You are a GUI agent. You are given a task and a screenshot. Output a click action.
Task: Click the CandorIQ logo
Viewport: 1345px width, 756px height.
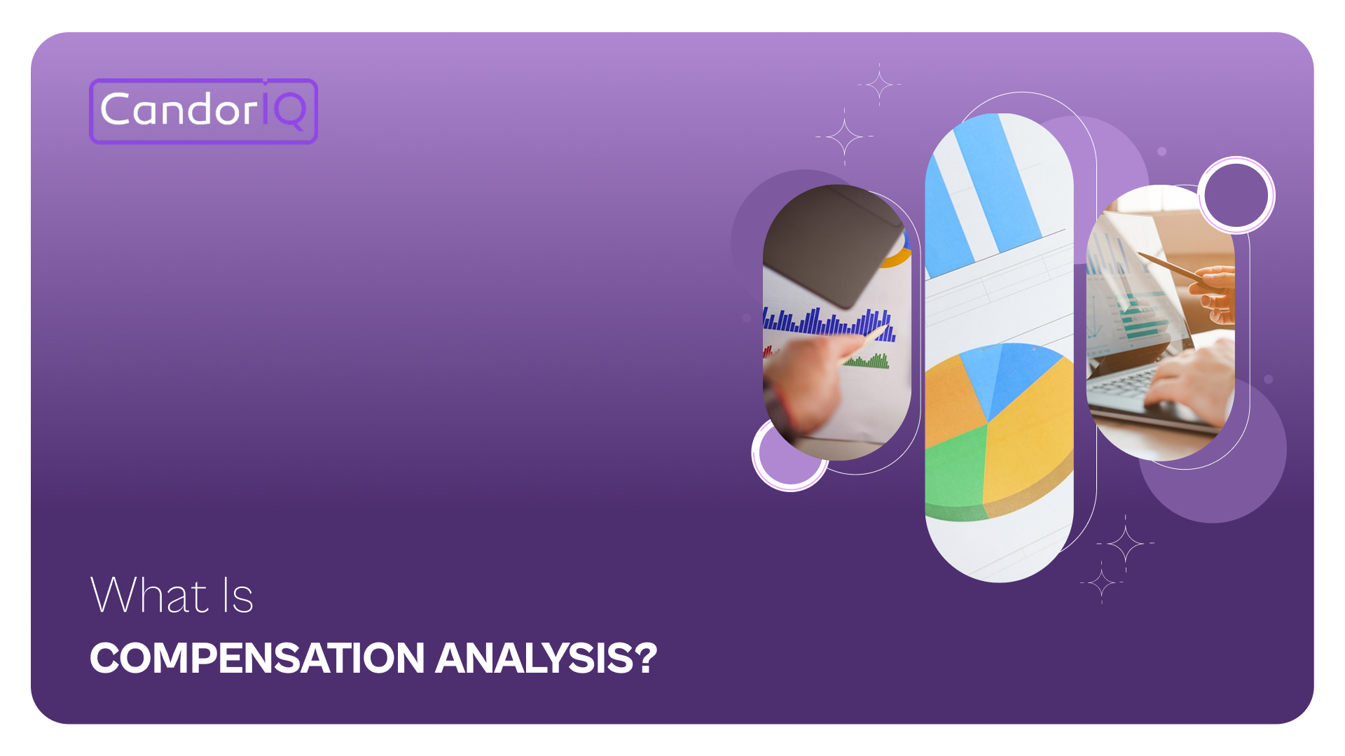[x=203, y=111]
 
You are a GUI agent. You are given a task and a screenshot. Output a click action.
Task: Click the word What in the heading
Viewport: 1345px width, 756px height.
[x=149, y=596]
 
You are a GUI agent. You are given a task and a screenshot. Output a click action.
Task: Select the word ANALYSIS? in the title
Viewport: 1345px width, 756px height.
[x=546, y=658]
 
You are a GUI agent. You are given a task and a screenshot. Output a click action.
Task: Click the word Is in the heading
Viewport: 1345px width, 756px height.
[x=237, y=596]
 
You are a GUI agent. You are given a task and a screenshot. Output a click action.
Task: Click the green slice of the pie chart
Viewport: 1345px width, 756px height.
[x=953, y=469]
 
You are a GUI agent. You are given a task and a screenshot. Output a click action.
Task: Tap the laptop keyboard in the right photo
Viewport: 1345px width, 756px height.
[x=1121, y=385]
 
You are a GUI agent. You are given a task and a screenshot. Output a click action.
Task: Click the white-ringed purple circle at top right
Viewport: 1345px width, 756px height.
[x=1236, y=195]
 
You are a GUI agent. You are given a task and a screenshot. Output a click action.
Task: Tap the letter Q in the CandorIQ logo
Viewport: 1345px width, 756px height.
[x=289, y=111]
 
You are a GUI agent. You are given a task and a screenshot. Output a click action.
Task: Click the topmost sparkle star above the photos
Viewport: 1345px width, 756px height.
[x=879, y=85]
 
